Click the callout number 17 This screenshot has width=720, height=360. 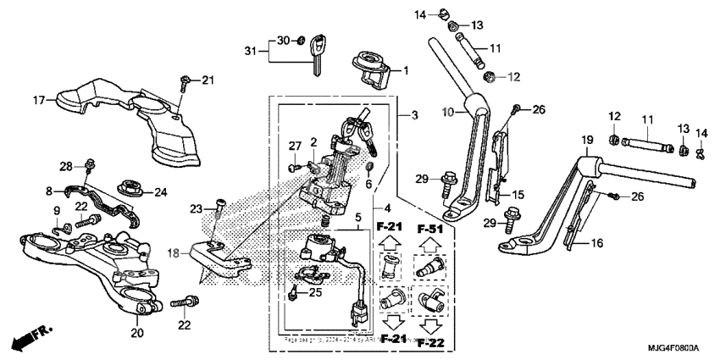click(39, 101)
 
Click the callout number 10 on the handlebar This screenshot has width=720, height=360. click(449, 112)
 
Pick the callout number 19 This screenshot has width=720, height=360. click(585, 139)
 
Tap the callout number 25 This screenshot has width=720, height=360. click(316, 292)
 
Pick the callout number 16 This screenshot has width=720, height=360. click(596, 242)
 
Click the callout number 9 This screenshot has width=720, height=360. click(58, 210)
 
